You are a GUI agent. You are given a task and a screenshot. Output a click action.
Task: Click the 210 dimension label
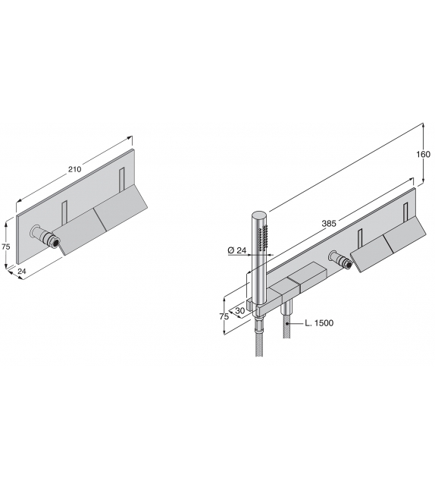[74, 169]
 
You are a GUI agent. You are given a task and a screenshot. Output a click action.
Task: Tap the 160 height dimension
[423, 155]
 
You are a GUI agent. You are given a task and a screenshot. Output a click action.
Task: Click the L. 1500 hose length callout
[319, 323]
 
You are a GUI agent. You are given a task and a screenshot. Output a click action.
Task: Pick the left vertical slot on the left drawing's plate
[65, 214]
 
